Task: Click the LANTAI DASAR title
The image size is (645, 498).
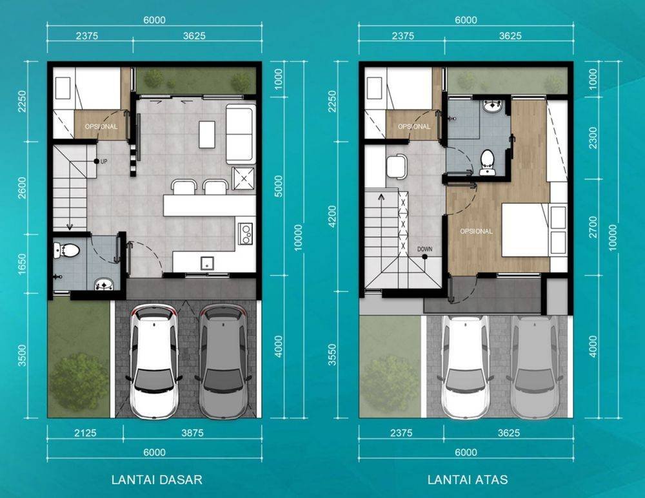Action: coord(157,479)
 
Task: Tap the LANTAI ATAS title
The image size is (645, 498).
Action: coord(468,479)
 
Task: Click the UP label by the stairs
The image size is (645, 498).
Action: coord(104,162)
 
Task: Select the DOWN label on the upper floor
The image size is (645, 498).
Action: coord(424,249)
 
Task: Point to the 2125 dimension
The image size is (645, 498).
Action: coord(86,433)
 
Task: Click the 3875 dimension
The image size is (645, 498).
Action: coord(192,433)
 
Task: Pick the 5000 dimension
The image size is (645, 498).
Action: coord(279,186)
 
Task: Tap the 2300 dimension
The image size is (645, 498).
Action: coord(592,138)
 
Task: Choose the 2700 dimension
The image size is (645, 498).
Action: coord(592,227)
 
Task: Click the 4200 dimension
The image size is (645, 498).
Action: coord(332,216)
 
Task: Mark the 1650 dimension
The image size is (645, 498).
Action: coord(22,264)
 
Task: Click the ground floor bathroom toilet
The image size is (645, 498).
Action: coord(66,250)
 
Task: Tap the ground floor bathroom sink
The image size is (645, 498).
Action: coord(104,284)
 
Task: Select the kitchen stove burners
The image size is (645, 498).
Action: coord(246,233)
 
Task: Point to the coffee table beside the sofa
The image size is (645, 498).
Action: coord(207,134)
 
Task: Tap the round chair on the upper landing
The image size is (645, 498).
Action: coord(397,166)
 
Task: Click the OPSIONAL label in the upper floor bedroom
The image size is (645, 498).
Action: coord(477,231)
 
